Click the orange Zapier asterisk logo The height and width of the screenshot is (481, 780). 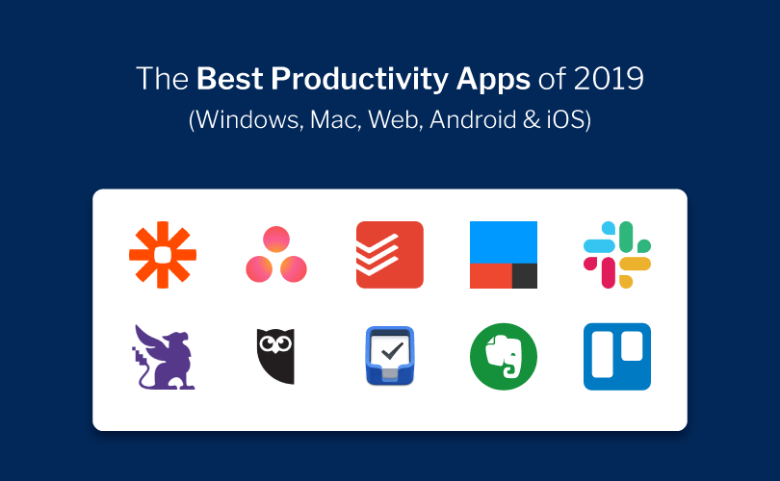tap(163, 255)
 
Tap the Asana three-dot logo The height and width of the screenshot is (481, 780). tap(276, 255)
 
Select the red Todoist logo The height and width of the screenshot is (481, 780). tap(390, 255)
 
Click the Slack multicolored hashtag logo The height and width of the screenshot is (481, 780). tap(617, 255)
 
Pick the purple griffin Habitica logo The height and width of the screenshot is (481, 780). tap(164, 357)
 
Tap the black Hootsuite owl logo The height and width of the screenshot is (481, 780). tap(276, 357)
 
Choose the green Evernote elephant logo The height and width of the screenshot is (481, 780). tap(504, 357)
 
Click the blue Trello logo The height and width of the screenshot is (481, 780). tap(617, 357)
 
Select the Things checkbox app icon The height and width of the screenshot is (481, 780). tap(390, 357)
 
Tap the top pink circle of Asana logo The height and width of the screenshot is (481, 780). tap(276, 240)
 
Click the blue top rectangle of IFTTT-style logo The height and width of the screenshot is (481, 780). tap(504, 241)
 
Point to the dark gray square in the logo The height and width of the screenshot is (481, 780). tap(525, 275)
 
